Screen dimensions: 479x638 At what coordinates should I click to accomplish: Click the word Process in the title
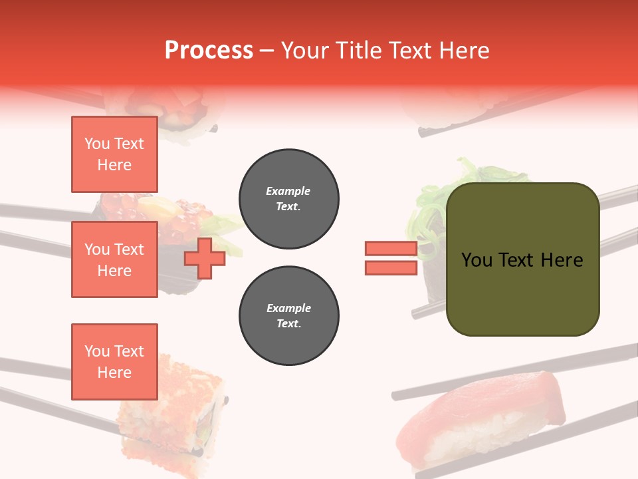tap(209, 50)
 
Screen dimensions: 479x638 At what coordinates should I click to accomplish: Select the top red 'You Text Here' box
tap(114, 154)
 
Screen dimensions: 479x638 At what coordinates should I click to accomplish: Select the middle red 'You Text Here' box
tap(114, 259)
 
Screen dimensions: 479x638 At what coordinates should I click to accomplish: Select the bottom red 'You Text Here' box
tap(114, 361)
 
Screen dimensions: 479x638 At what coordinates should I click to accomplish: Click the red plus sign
tap(204, 258)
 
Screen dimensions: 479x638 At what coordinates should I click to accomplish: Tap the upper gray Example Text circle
tap(288, 199)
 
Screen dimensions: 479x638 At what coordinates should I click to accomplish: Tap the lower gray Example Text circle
tap(288, 316)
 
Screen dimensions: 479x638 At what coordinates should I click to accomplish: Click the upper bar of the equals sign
tap(391, 249)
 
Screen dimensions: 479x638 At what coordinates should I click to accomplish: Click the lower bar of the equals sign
tap(391, 267)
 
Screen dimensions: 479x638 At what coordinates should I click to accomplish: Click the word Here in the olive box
tap(562, 260)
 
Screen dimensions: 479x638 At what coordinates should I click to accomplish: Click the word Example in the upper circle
tap(288, 191)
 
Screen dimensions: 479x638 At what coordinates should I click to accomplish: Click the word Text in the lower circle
tap(288, 324)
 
